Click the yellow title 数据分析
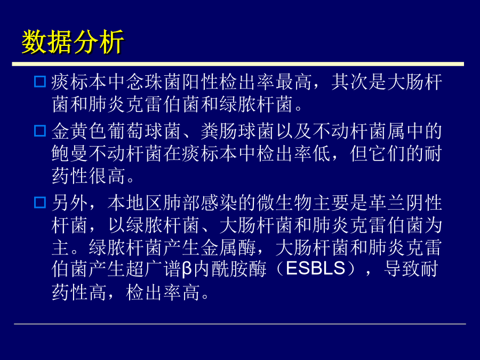click(x=73, y=42)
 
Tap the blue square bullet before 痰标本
click(x=40, y=82)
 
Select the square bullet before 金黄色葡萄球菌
click(x=40, y=131)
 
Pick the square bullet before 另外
click(x=40, y=203)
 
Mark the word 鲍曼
click(x=70, y=154)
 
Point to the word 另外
click(x=70, y=203)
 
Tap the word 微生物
click(x=284, y=203)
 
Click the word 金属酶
click(x=228, y=247)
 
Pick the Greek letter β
click(x=187, y=269)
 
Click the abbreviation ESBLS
click(x=316, y=268)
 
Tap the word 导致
click(x=402, y=269)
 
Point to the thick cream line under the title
click(x=238, y=64)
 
